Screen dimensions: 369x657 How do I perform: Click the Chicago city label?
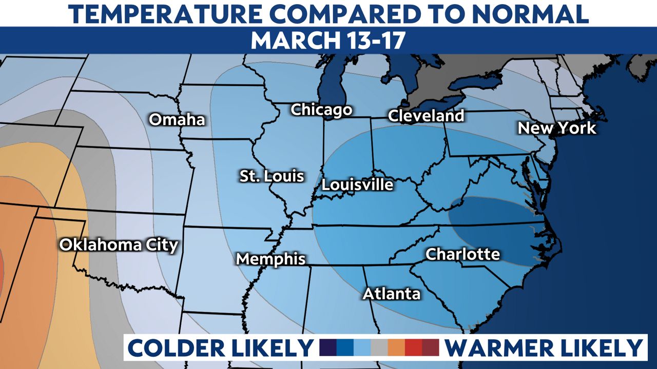321,110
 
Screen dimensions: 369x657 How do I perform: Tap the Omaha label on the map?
177,120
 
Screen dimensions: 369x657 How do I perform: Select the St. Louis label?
272,176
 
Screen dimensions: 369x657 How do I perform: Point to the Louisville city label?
357,184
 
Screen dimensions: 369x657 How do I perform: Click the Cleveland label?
426,116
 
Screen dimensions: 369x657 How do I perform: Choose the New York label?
557,128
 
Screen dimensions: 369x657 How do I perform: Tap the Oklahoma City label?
119,245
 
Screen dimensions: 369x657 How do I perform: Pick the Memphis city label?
270,259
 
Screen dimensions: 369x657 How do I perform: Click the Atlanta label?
392,294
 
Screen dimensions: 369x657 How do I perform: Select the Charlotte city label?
463,254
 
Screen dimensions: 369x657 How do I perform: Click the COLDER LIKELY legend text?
221,348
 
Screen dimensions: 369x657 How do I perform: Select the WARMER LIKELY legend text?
543,348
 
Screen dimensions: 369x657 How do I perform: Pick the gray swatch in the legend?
379,347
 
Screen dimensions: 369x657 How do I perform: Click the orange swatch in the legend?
396,347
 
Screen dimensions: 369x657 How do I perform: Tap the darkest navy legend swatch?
327,347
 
